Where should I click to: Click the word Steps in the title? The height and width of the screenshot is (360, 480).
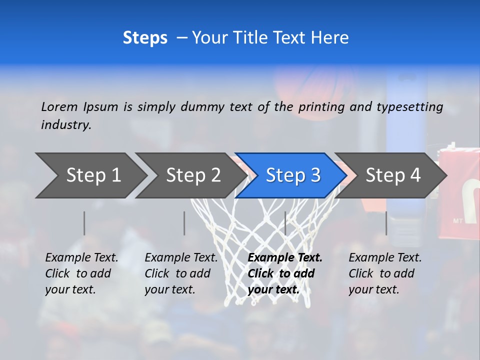[x=145, y=38]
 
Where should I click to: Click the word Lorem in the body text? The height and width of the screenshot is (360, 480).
[x=59, y=106]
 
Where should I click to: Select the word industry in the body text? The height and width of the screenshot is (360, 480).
[x=65, y=125]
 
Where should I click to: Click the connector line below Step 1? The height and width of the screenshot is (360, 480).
[x=84, y=223]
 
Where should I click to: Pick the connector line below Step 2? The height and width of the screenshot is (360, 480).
[x=184, y=223]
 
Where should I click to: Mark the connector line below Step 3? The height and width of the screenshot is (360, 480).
[x=285, y=223]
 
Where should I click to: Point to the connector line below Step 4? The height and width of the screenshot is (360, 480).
[x=386, y=223]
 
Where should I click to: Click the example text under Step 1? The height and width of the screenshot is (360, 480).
[x=81, y=273]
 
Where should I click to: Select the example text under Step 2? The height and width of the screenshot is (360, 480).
[x=181, y=273]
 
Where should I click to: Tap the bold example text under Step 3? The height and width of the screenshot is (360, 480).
[x=285, y=273]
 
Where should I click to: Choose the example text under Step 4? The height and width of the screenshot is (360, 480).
[x=385, y=273]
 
